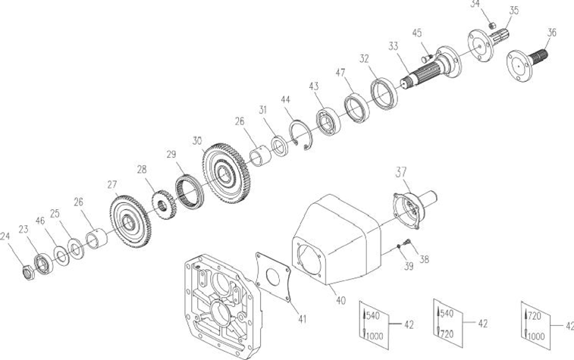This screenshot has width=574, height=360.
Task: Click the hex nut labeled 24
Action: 28,273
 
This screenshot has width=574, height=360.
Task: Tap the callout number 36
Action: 552,33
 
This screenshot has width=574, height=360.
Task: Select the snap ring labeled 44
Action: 301,134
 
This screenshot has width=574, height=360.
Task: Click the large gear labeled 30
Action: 226,173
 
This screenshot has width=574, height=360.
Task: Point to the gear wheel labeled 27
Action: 130,222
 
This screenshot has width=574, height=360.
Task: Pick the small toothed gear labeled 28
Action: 164,205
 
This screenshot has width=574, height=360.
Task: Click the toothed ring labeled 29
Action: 190,191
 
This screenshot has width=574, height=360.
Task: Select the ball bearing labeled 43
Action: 328,121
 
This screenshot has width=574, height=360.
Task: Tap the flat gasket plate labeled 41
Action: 273,277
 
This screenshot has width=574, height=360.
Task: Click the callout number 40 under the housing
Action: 340,300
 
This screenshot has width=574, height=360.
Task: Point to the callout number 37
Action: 401,171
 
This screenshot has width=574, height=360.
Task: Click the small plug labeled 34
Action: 493,25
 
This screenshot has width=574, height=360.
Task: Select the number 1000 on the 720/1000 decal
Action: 537,336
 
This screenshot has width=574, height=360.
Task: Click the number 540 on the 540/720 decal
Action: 447,314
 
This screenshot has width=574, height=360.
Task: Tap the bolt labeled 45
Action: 427,58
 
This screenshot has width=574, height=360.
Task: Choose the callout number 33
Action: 394,46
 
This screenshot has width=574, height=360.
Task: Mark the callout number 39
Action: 409,266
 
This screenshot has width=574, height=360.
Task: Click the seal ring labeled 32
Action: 384,93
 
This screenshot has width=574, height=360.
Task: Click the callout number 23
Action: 24,230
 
